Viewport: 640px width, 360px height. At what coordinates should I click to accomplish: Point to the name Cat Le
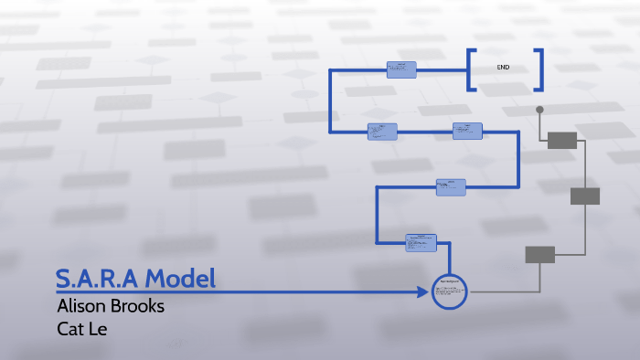coord(82,328)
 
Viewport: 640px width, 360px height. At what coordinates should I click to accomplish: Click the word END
coord(504,68)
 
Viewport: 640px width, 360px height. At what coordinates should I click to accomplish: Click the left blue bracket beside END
coord(470,69)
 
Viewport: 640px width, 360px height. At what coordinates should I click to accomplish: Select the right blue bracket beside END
coord(539,69)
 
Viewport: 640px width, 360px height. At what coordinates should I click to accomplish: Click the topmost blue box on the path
coord(401,69)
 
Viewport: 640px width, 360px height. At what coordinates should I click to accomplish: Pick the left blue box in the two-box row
coord(382,132)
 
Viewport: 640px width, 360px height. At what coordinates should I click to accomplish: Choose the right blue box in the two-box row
coord(467,131)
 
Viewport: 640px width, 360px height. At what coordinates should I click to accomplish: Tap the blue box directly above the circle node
coord(421,242)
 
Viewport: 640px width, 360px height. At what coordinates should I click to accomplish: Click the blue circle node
coord(449,291)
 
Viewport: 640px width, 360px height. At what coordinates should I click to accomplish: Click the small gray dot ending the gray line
coord(539,110)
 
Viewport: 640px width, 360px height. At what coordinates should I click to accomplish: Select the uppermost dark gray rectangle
coord(562,140)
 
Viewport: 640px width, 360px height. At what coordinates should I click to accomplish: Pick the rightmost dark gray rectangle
coord(585,196)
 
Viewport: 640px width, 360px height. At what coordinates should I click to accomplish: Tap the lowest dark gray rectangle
coord(539,254)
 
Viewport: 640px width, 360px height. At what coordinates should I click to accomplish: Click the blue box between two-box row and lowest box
coord(451,186)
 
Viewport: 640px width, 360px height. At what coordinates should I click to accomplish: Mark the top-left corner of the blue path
coord(331,70)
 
